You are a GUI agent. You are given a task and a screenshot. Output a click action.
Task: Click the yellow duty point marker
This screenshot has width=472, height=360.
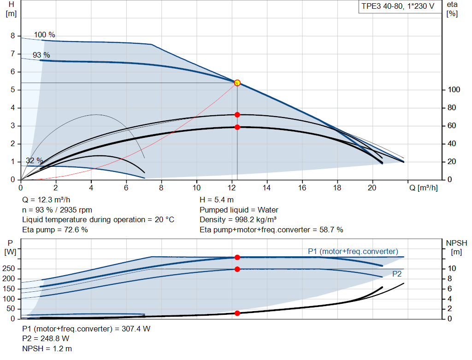(x=237, y=83)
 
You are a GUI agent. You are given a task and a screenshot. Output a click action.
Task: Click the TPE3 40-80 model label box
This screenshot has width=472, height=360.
(x=398, y=7)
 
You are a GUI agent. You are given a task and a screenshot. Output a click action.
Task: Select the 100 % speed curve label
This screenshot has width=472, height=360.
(x=44, y=35)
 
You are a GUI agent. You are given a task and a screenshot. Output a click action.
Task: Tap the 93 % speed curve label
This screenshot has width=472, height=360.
(x=41, y=55)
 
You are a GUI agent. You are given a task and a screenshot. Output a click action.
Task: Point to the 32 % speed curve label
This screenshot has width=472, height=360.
(x=35, y=160)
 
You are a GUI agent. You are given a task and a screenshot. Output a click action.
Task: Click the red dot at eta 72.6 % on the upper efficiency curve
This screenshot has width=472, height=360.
(x=237, y=115)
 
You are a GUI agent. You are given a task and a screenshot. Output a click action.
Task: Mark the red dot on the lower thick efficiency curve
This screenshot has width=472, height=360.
(x=237, y=127)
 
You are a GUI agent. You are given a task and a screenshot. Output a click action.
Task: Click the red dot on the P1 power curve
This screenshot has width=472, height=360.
(x=237, y=257)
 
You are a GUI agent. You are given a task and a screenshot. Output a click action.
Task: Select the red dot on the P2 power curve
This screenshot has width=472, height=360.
(x=237, y=269)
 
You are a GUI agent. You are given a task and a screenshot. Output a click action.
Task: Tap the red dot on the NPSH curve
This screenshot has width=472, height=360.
(x=237, y=313)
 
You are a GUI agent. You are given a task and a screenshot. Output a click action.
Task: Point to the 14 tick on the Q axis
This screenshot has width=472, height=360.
(x=267, y=188)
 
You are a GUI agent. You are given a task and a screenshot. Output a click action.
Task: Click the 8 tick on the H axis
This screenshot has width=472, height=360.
(x=13, y=36)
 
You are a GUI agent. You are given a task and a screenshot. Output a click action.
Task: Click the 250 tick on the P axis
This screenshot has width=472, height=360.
(x=9, y=269)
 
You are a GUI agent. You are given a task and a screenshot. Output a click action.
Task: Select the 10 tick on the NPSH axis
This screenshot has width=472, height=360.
(x=451, y=269)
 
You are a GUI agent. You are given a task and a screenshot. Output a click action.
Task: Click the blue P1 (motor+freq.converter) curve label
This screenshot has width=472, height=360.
(x=353, y=251)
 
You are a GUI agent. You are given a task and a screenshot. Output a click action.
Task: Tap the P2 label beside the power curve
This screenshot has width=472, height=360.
(x=397, y=274)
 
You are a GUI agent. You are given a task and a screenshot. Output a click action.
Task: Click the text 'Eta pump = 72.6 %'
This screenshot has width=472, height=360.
(x=55, y=230)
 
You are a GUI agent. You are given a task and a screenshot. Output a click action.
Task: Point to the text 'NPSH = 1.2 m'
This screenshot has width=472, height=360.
(x=47, y=349)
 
